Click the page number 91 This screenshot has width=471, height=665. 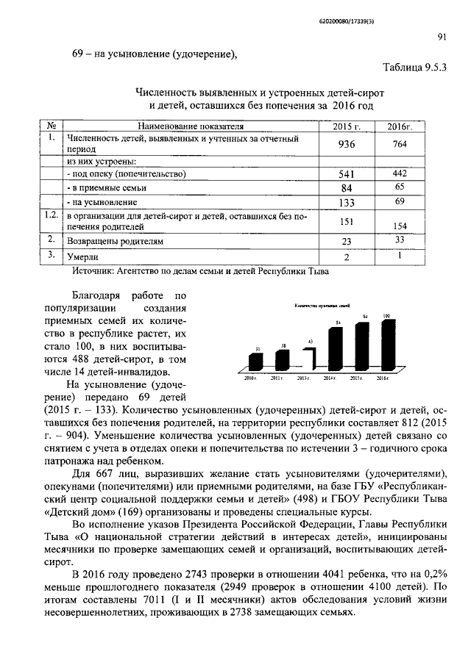442,37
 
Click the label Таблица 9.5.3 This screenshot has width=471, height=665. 415,68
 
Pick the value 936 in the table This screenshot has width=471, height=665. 346,145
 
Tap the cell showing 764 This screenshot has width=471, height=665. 400,145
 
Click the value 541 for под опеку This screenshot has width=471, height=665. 346,174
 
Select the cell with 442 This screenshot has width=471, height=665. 400,173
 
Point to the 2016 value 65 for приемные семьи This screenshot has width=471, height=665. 400,188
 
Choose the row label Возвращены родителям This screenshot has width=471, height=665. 114,240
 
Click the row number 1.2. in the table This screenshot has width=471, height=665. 50,215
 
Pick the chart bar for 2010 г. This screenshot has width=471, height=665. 255,362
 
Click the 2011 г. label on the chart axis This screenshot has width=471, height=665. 277,378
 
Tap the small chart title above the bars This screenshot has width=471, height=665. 322,305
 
